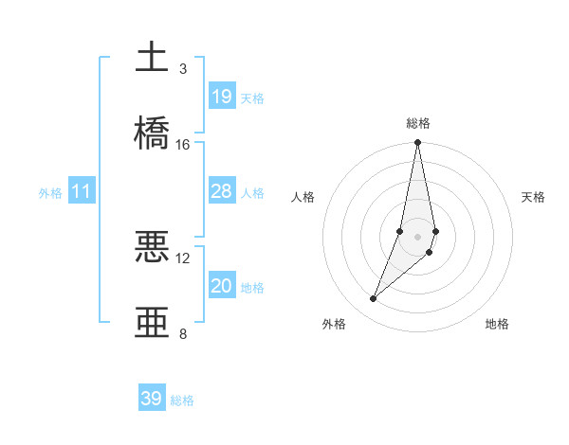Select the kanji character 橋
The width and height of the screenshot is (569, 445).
153,132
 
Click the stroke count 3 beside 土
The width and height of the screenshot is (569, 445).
183,69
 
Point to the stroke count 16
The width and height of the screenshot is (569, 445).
183,144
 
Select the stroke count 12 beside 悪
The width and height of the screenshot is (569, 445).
183,258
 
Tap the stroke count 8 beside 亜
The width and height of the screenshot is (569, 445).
183,333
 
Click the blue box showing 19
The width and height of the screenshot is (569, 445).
222,97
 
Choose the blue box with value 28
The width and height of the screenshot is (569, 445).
222,191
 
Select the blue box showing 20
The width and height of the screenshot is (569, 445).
222,286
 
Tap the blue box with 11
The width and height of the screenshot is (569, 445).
82,192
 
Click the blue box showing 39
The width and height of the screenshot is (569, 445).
152,399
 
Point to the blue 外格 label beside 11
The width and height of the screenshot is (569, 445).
50,193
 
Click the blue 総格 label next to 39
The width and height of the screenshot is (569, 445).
182,400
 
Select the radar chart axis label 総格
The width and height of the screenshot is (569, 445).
417,123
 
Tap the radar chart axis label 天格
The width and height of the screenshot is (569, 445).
534,197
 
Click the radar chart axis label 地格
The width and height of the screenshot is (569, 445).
497,324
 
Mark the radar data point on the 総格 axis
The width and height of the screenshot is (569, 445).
417,143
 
